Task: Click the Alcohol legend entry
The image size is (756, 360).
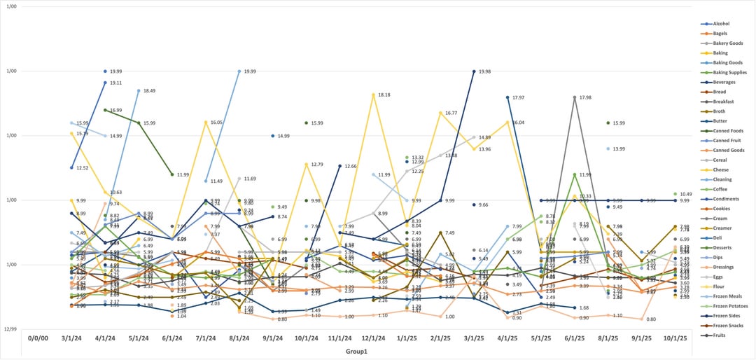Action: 720,23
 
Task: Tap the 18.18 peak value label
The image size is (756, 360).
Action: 384,95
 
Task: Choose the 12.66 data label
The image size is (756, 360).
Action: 351,166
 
